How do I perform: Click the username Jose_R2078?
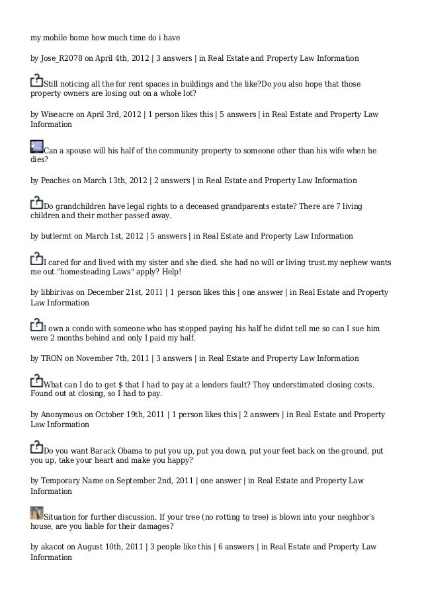click(x=62, y=59)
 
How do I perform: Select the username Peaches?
click(x=55, y=180)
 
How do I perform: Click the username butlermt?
click(x=56, y=236)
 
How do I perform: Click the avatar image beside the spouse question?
click(x=37, y=147)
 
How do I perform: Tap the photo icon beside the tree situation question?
click(x=37, y=512)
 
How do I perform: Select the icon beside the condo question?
click(x=37, y=325)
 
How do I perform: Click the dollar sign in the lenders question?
click(x=129, y=385)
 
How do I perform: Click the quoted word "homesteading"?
click(x=82, y=272)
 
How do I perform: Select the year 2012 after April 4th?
click(x=139, y=59)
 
